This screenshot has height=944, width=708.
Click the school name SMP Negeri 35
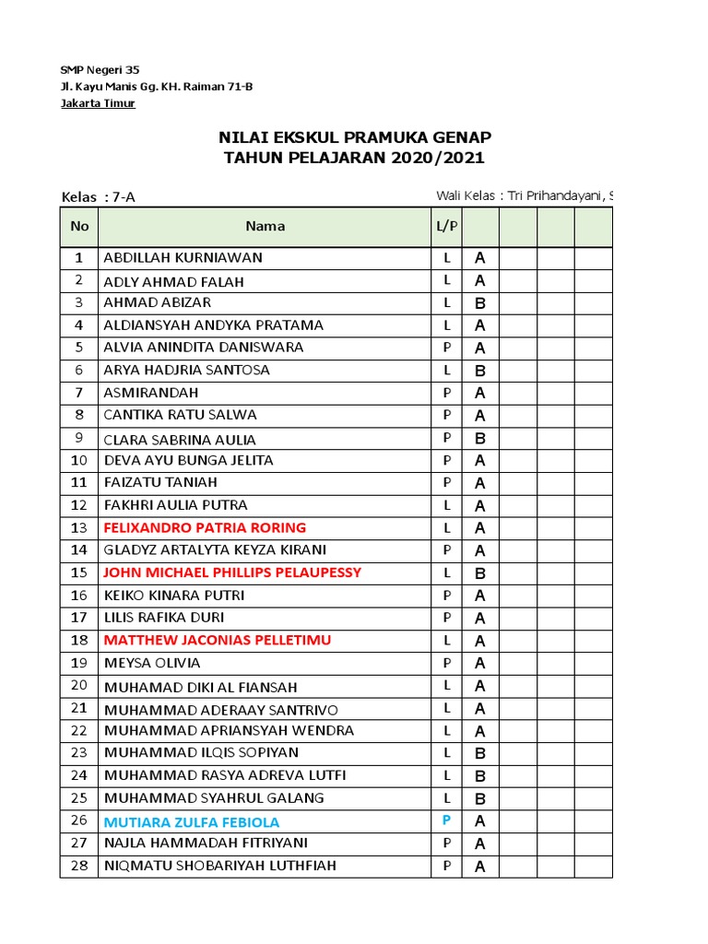tap(100, 70)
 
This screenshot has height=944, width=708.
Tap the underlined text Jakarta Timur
tap(98, 103)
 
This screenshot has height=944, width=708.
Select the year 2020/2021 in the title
tap(436, 158)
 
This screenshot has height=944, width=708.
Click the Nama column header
tap(265, 226)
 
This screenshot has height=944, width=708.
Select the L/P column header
tap(447, 226)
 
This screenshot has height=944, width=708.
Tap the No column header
tap(79, 226)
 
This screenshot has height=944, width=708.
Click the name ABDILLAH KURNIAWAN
tap(183, 258)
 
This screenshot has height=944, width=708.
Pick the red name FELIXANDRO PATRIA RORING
tap(205, 528)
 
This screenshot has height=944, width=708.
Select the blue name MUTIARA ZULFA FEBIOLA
tap(192, 821)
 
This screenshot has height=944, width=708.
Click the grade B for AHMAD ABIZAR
tap(479, 303)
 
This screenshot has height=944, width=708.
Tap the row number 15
tap(79, 572)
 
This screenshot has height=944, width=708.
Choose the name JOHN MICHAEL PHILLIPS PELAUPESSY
tap(232, 572)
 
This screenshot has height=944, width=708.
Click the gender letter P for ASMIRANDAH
tap(447, 393)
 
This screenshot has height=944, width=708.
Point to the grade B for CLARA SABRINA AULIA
tap(479, 439)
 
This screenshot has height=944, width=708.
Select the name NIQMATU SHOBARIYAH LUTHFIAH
tap(219, 866)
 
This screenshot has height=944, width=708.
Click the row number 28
tap(79, 866)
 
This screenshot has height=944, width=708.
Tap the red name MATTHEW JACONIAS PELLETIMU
tap(218, 640)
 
